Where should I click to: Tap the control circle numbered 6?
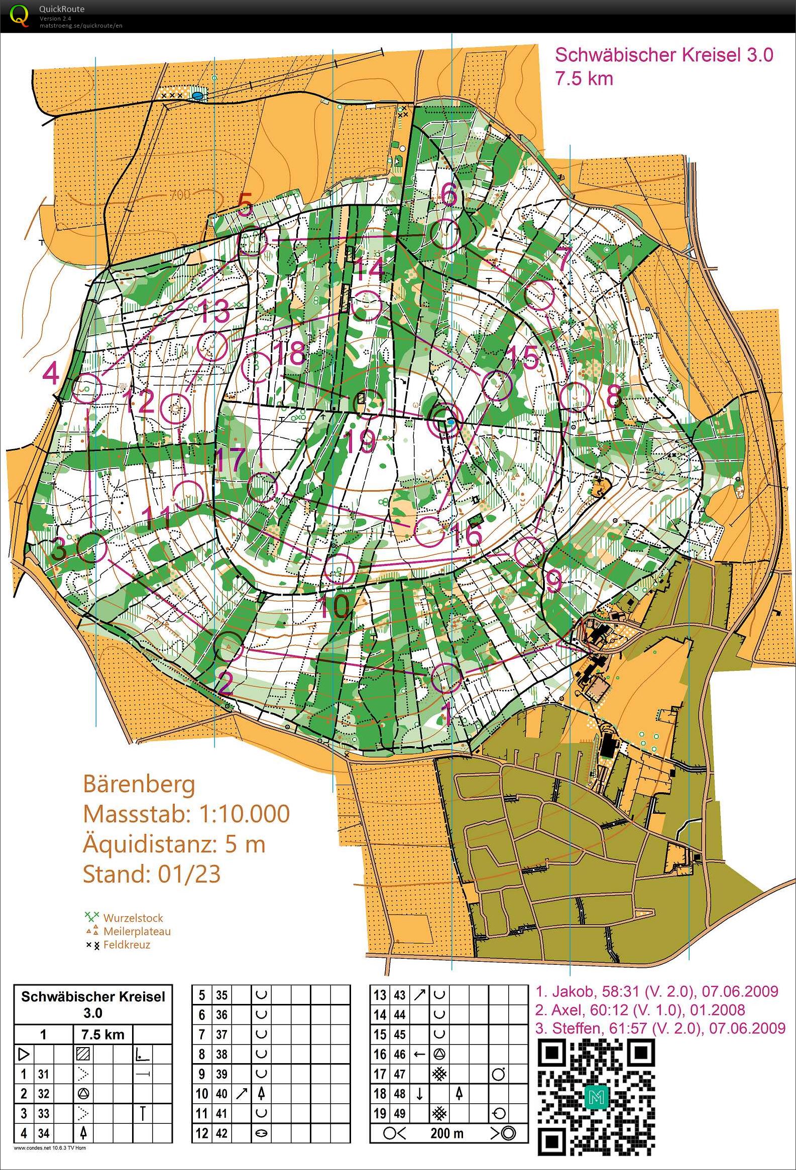pos(446,234)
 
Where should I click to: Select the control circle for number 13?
pos(211,345)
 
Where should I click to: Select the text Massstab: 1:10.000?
pos(186,814)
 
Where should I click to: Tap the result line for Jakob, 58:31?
pos(657,991)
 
